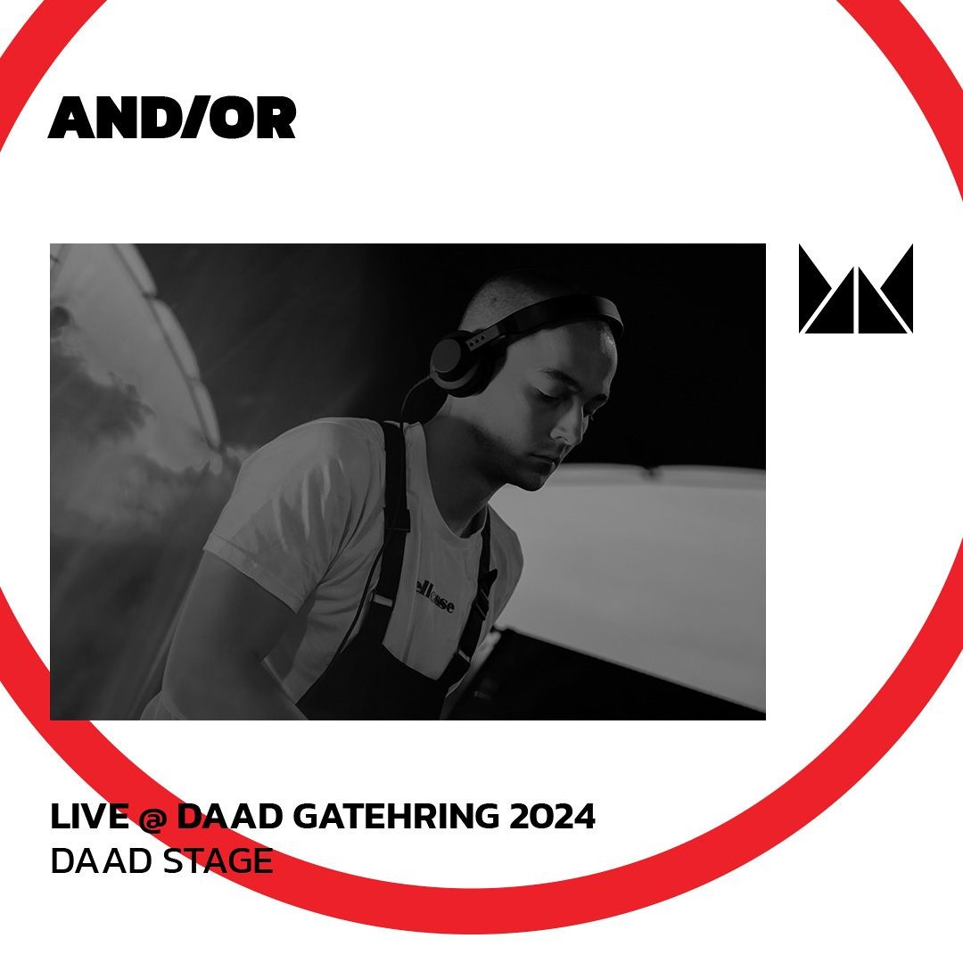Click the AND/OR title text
point(171,119)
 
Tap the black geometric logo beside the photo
point(855,289)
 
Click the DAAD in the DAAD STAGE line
point(99,861)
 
